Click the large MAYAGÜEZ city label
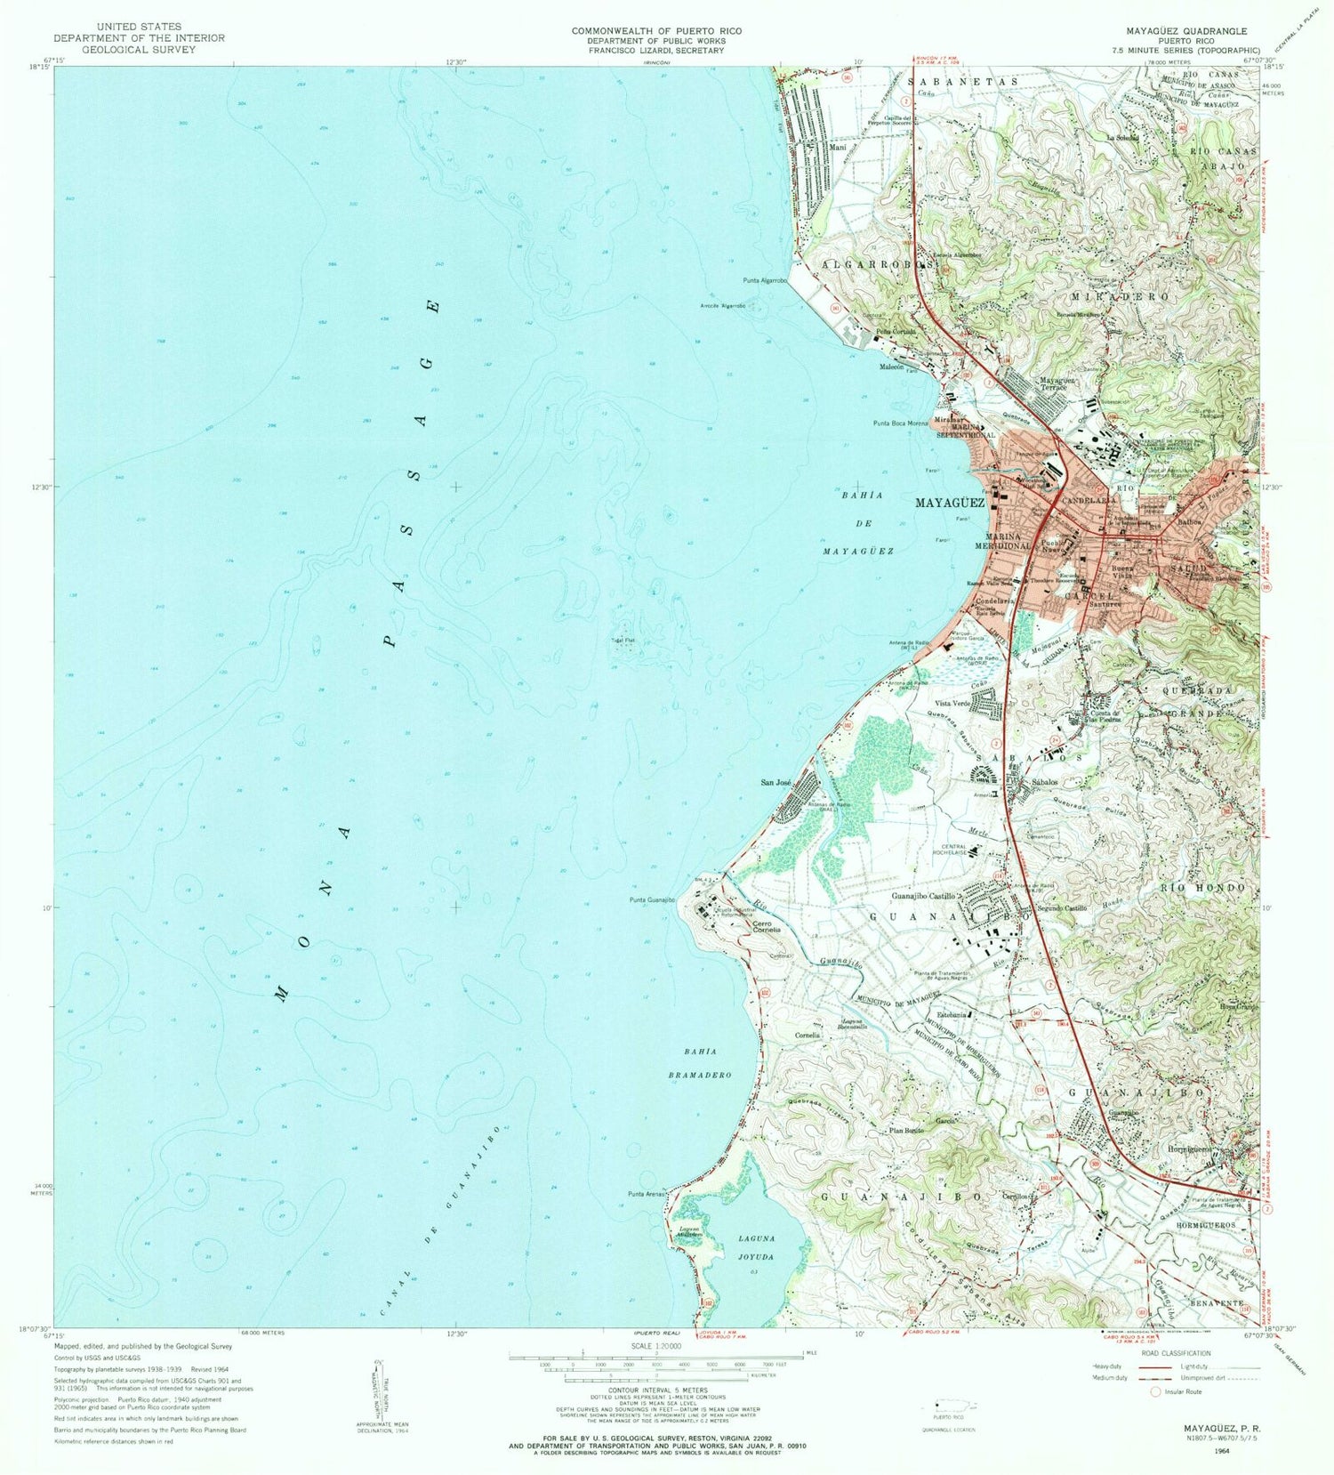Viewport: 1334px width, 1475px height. [x=950, y=503]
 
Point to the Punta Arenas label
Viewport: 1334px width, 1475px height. [x=647, y=1194]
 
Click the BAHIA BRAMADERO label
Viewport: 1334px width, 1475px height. [x=701, y=1063]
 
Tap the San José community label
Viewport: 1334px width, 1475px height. [x=775, y=783]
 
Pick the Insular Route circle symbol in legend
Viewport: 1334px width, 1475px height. [x=1157, y=1391]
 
